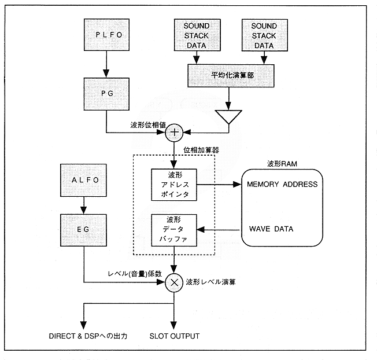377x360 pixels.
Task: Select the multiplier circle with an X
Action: click(174, 283)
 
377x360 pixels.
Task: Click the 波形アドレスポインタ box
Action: click(174, 185)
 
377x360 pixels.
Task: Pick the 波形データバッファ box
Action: click(174, 230)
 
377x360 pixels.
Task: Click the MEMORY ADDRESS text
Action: click(282, 184)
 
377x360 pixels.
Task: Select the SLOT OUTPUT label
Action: click(174, 336)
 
